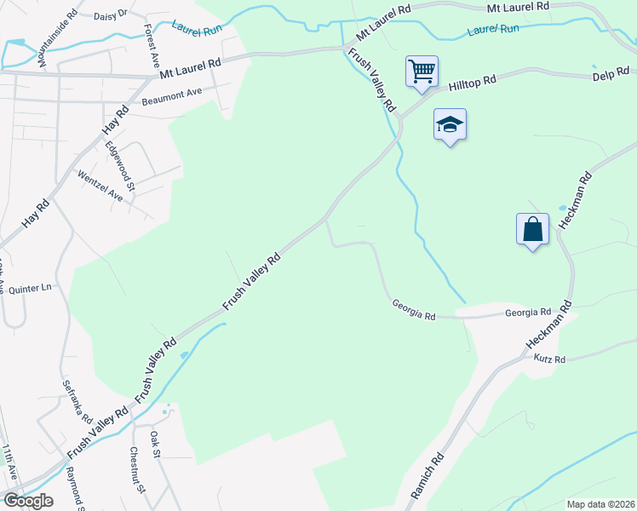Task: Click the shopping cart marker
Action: [422, 71]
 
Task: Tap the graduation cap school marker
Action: [450, 125]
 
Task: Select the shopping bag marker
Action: [532, 229]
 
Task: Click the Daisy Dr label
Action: [109, 14]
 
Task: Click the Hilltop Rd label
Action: [472, 83]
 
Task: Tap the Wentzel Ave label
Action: [100, 187]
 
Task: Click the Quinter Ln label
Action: [30, 288]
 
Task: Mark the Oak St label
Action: [155, 445]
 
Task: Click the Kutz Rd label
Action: [549, 359]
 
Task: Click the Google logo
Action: [28, 500]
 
